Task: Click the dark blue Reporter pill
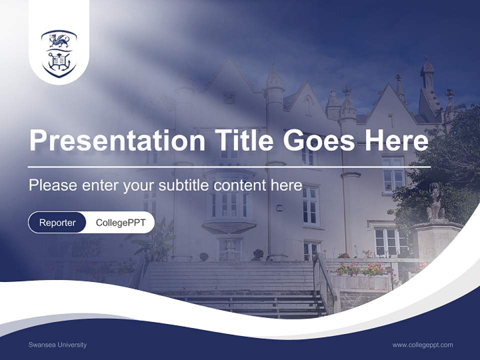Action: pyautogui.click(x=57, y=222)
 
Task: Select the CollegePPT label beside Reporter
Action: pyautogui.click(x=120, y=222)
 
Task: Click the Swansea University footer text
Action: pyautogui.click(x=57, y=344)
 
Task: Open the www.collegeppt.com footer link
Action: pyautogui.click(x=422, y=344)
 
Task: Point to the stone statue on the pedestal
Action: pyautogui.click(x=435, y=202)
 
